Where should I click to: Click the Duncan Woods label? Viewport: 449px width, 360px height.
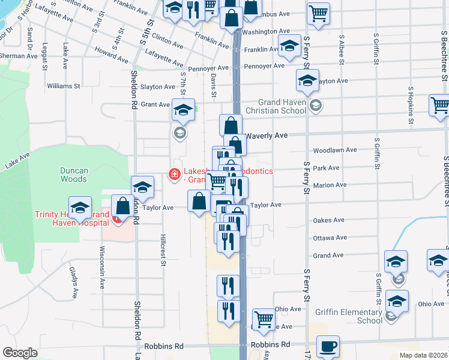point(74,175)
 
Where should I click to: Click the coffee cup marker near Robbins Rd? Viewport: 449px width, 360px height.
point(328,346)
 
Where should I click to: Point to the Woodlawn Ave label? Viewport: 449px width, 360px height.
point(335,150)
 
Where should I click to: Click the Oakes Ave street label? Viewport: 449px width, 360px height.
point(329,220)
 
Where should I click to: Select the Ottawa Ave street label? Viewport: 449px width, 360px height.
point(330,238)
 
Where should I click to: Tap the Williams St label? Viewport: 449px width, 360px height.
point(63,86)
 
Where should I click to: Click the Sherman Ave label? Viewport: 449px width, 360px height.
point(13,56)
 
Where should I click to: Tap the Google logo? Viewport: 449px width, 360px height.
point(20,353)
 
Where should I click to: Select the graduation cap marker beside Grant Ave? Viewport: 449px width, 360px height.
point(183,110)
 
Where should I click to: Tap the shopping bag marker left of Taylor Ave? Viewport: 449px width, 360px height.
point(199,202)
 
